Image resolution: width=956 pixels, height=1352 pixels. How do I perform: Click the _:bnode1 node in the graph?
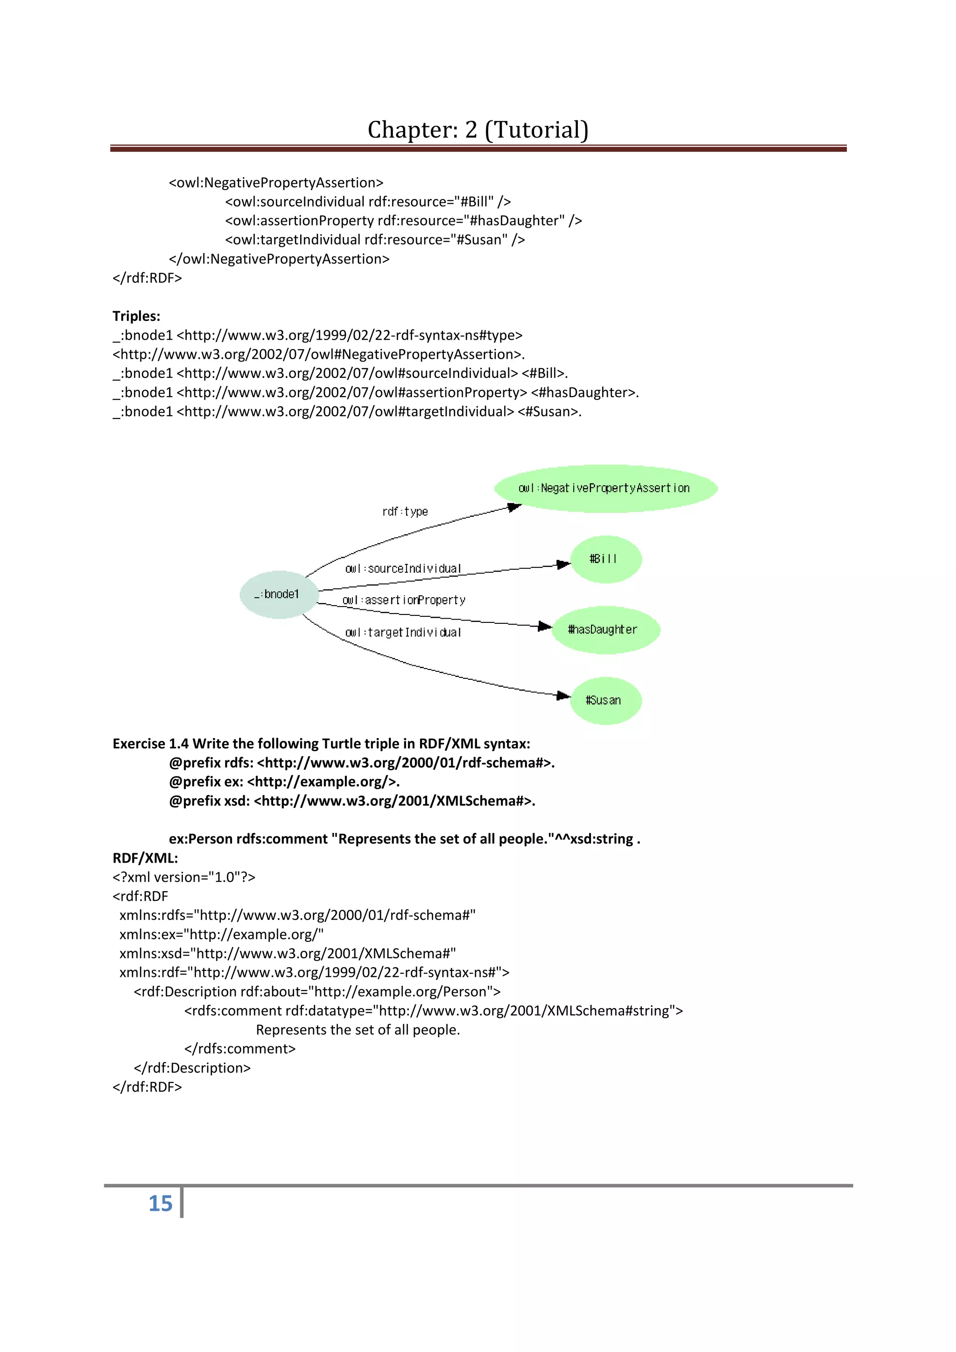click(279, 594)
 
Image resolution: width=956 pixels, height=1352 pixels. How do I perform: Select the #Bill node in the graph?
click(605, 559)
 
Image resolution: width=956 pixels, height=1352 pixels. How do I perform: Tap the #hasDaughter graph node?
click(605, 629)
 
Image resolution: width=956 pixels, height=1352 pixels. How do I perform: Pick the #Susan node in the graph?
click(605, 700)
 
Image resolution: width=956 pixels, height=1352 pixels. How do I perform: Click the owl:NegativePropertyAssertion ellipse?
click(605, 488)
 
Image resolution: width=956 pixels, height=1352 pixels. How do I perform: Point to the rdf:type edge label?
click(405, 512)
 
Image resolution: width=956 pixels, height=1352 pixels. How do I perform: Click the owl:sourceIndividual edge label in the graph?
click(403, 569)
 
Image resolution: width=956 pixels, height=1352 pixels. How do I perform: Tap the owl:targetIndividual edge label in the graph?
click(403, 633)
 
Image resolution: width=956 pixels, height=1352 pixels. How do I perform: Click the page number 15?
click(160, 1203)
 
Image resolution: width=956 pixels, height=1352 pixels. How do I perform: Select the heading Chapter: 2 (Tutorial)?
click(478, 130)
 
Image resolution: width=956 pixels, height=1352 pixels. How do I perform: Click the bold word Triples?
click(137, 316)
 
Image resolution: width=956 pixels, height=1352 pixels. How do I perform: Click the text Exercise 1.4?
click(150, 744)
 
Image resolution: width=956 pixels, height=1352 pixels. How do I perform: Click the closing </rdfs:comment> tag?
click(240, 1049)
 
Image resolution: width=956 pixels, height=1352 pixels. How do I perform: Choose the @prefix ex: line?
click(284, 781)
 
